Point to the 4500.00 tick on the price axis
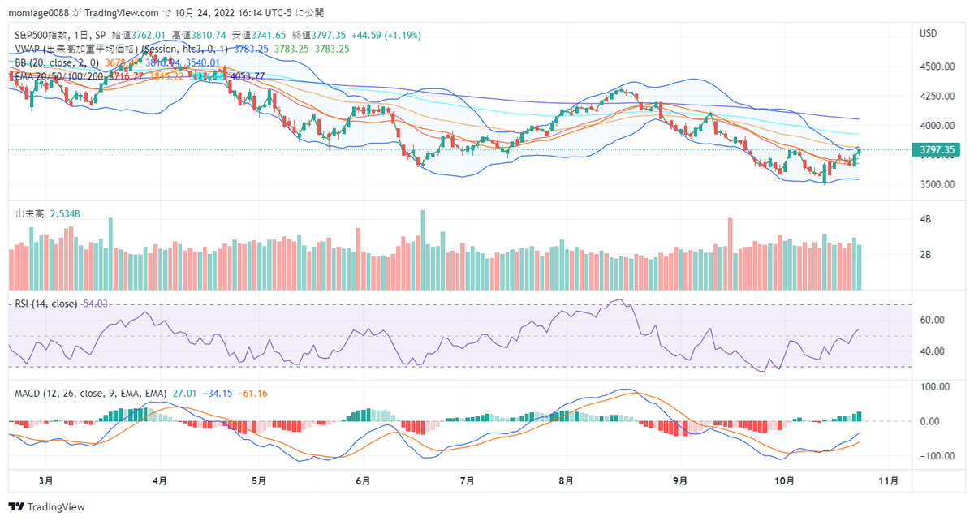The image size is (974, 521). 935,67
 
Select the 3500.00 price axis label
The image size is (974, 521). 935,184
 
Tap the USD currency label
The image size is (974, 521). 928,34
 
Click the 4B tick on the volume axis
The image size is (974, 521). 924,220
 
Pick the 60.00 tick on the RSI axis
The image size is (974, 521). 932,320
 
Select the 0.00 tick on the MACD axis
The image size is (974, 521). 932,421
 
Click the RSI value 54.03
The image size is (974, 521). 94,304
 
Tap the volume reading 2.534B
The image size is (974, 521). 64,214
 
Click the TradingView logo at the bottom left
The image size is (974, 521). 48,507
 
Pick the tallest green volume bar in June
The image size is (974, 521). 423,248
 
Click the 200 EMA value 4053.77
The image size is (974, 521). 248,76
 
